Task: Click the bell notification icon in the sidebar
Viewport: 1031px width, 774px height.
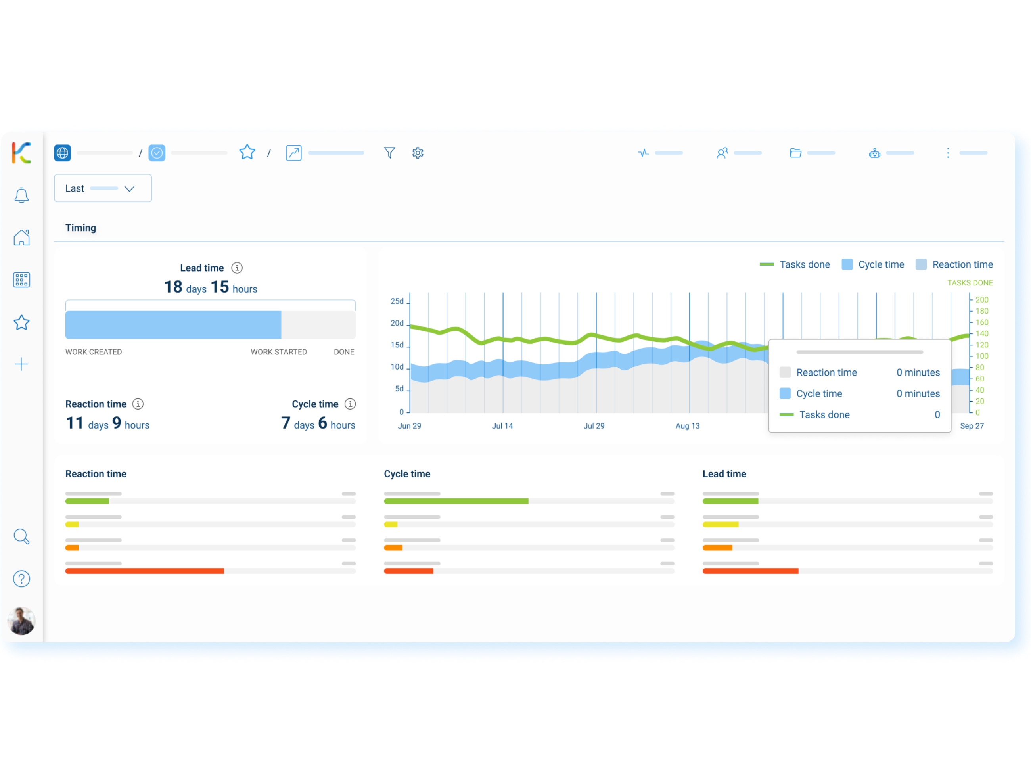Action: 21,195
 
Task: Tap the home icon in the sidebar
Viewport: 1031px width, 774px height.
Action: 21,237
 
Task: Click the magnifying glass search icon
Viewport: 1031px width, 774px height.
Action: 21,536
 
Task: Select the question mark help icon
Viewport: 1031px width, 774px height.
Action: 21,579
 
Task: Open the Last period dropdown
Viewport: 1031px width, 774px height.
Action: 103,188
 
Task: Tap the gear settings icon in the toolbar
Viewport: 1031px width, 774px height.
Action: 418,153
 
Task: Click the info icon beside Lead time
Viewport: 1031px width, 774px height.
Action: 237,268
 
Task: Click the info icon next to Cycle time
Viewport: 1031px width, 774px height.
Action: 350,404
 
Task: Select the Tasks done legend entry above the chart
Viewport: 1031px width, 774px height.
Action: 795,265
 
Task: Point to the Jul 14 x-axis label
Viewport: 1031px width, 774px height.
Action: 502,426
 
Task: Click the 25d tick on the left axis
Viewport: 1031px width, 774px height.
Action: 397,301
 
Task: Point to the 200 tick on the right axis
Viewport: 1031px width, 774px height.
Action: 982,300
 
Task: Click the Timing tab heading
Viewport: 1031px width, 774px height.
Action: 80,228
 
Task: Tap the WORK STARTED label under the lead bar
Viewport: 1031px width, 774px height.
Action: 279,352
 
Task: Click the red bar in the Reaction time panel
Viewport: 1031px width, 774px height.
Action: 144,571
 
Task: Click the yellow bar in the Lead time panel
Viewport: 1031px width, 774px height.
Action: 721,525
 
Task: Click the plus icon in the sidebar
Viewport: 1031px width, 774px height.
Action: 21,364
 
